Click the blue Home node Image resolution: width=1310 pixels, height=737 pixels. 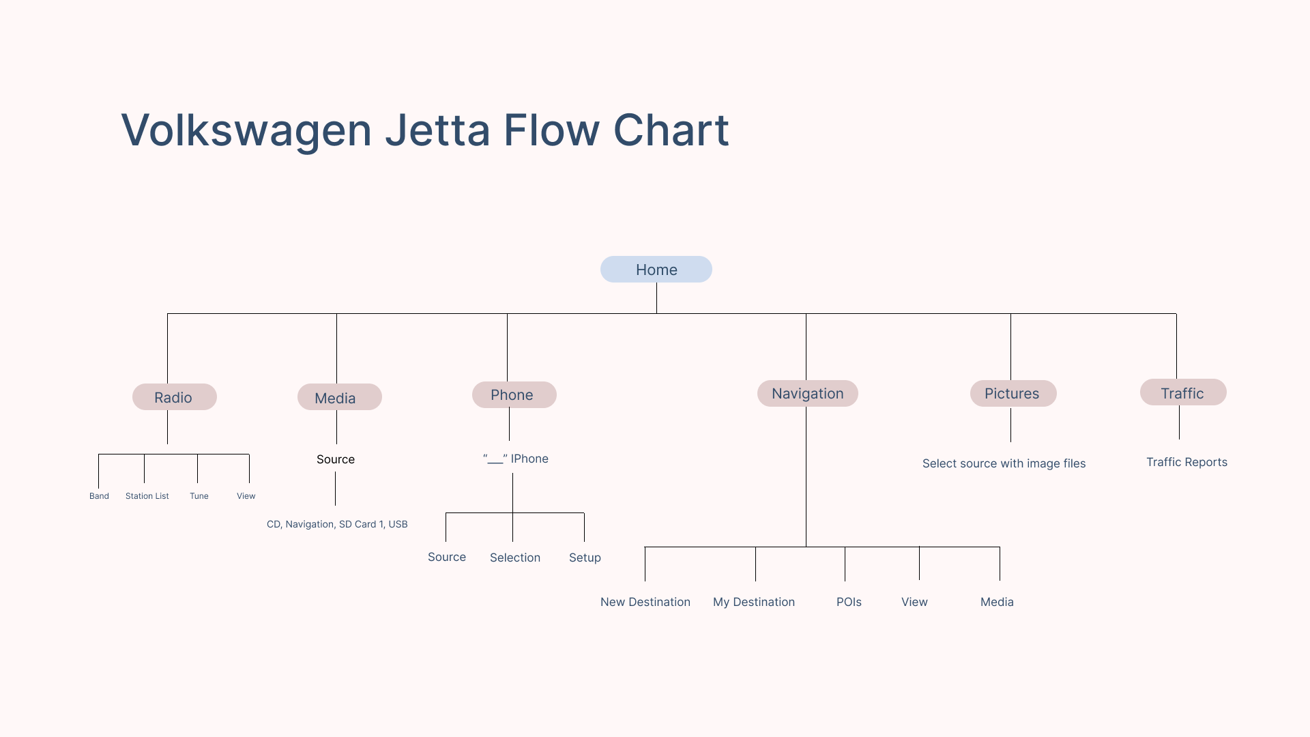pyautogui.click(x=656, y=270)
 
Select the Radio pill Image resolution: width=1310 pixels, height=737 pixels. pyautogui.click(x=175, y=397)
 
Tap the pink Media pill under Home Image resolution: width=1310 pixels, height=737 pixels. pyautogui.click(x=340, y=397)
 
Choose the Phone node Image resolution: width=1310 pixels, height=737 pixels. pyautogui.click(x=514, y=394)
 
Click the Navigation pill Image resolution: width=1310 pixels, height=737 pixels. pyautogui.click(x=808, y=393)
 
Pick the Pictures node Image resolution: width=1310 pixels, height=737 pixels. pyautogui.click(x=1013, y=393)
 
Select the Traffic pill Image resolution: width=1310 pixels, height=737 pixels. pyautogui.click(x=1183, y=392)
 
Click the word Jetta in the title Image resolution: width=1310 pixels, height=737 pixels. pyautogui.click(x=438, y=130)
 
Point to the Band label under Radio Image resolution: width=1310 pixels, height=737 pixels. pyautogui.click(x=99, y=496)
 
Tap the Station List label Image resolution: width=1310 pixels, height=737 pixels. pyautogui.click(x=147, y=496)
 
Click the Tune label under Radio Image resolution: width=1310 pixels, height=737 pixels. pyautogui.click(x=199, y=496)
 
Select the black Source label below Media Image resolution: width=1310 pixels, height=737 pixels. pyautogui.click(x=336, y=459)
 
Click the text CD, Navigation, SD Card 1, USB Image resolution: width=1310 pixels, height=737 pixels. pyautogui.click(x=337, y=524)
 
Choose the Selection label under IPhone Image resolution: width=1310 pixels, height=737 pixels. pyautogui.click(x=515, y=558)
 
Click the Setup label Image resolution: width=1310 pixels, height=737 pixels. pyautogui.click(x=585, y=558)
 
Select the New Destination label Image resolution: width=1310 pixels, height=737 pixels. pyautogui.click(x=645, y=602)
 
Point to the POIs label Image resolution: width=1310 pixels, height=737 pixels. pyautogui.click(x=849, y=602)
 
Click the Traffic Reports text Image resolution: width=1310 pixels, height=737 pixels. pyautogui.click(x=1187, y=462)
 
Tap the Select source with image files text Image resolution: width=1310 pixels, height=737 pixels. pyautogui.click(x=1004, y=463)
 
